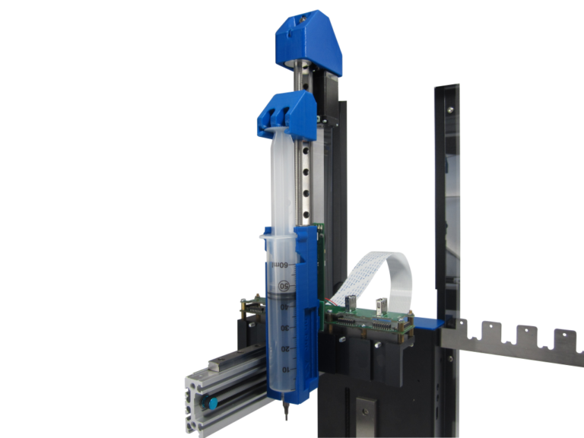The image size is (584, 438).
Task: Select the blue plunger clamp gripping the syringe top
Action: pos(284,113)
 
